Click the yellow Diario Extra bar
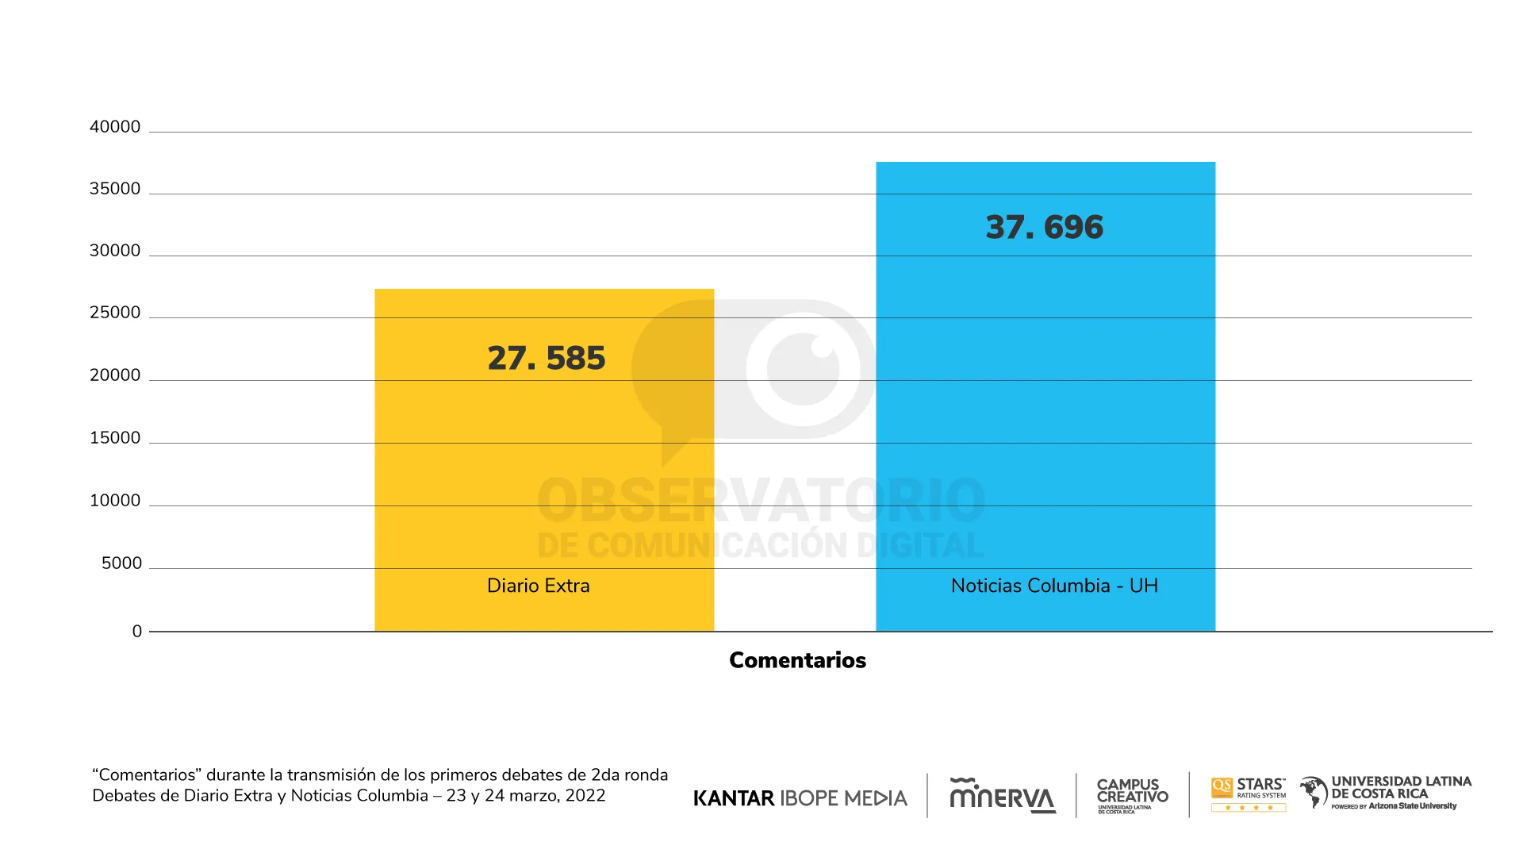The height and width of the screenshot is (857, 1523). coord(544,476)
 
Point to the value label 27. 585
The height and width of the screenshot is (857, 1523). coord(547,358)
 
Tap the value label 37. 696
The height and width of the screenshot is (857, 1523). coord(1045,227)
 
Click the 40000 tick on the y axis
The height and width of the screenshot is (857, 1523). coord(115,127)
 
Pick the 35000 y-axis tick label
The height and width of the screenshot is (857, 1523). coord(115,189)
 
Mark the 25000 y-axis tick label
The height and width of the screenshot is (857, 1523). coord(115,313)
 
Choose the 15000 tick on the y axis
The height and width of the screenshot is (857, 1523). coord(115,438)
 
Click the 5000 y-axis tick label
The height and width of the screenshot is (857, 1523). coord(121,563)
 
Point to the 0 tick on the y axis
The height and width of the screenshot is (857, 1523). coord(137,632)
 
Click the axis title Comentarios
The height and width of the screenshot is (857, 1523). coord(797,660)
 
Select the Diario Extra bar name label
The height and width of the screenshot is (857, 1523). coord(539,586)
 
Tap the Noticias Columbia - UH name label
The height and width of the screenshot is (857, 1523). coord(1054,586)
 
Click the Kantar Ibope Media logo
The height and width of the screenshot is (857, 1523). coord(800,798)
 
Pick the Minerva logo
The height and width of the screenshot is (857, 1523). coord(1003,796)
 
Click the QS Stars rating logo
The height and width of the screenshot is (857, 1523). coord(1249,794)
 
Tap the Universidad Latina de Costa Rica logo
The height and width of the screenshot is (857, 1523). coord(1386,793)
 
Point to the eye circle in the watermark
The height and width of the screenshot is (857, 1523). coord(804,369)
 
